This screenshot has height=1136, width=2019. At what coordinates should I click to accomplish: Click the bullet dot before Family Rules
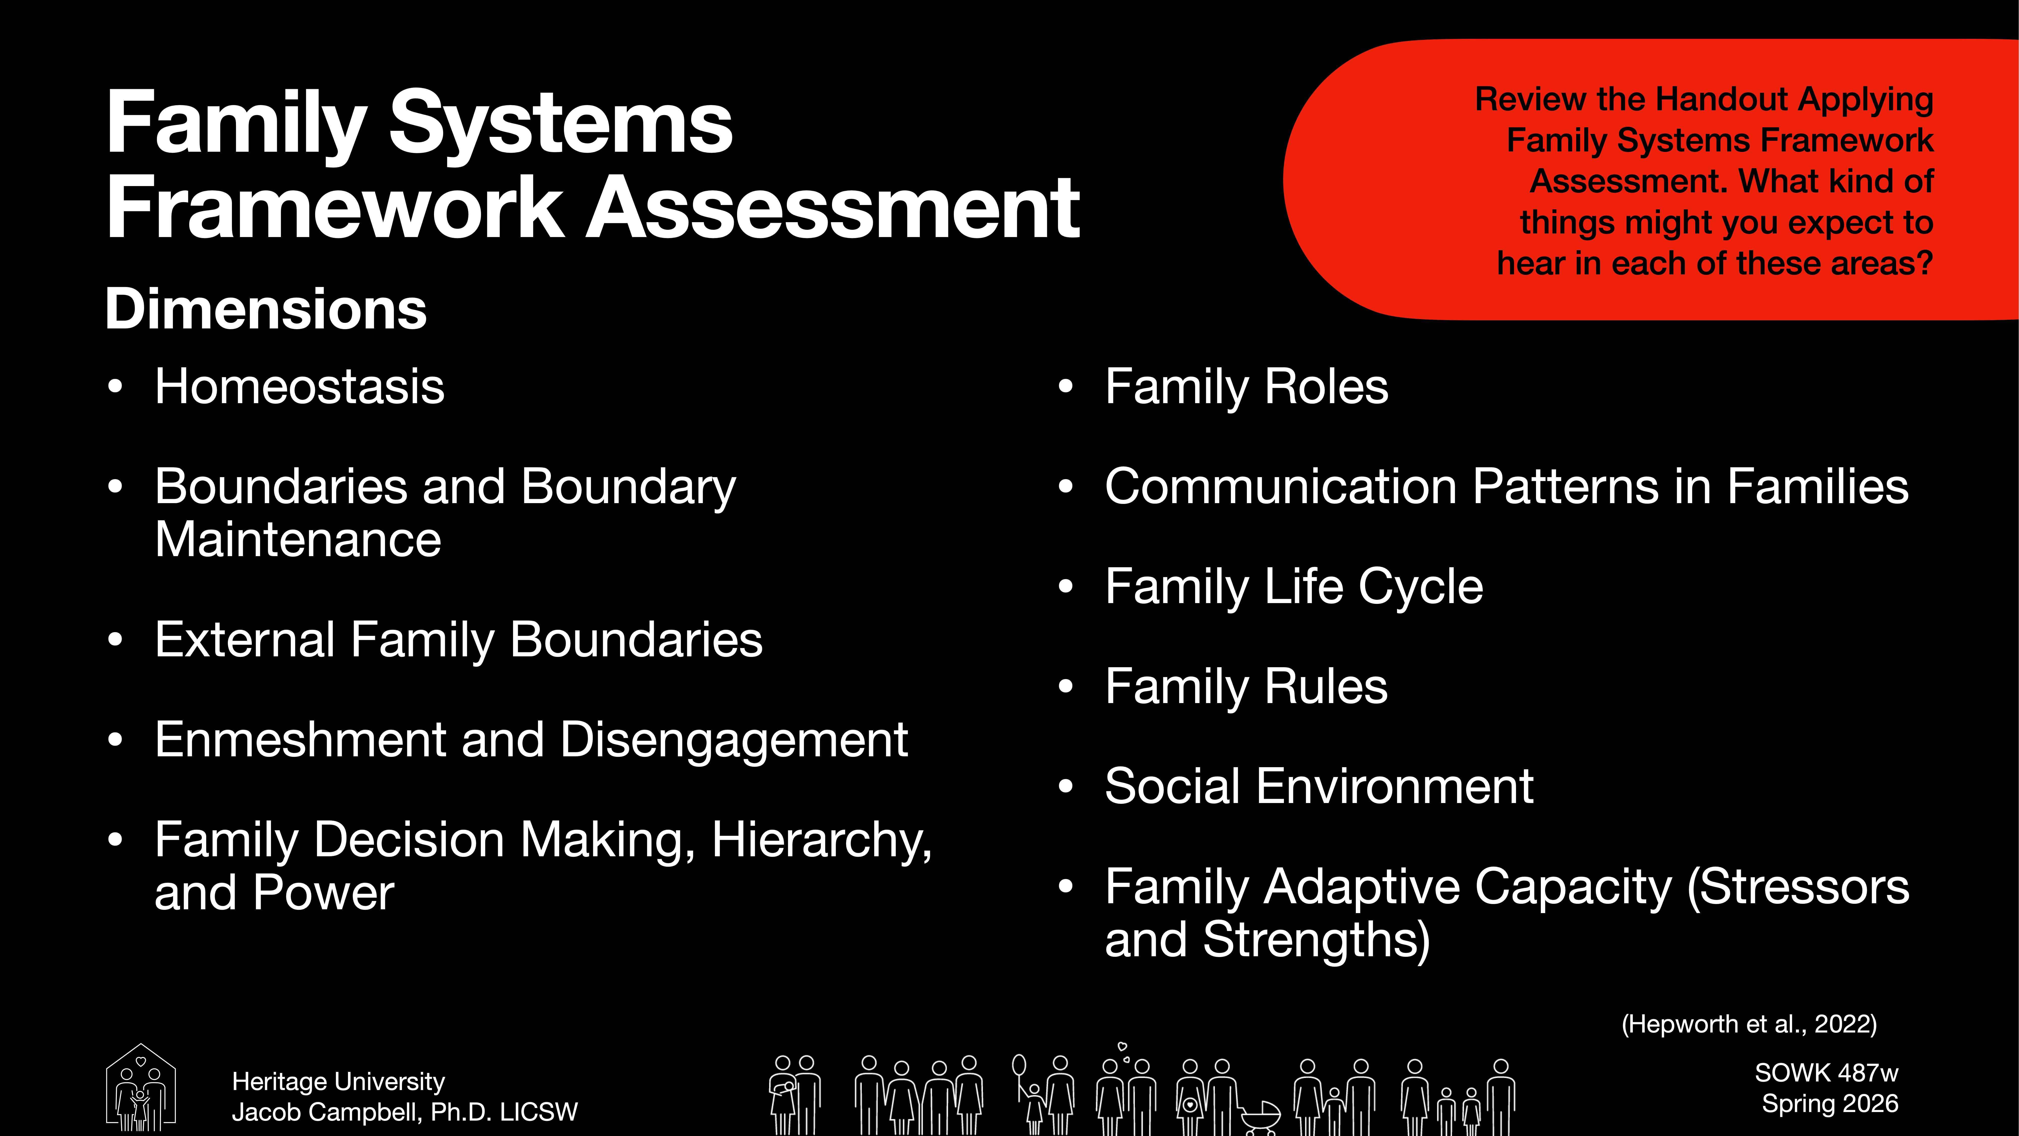pyautogui.click(x=1065, y=687)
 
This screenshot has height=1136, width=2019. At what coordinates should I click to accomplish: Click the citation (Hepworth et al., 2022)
pyautogui.click(x=1748, y=1024)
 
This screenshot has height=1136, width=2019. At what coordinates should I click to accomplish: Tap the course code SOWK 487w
pyautogui.click(x=1826, y=1072)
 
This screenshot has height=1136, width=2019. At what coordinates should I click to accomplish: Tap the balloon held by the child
pyautogui.click(x=1019, y=1065)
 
